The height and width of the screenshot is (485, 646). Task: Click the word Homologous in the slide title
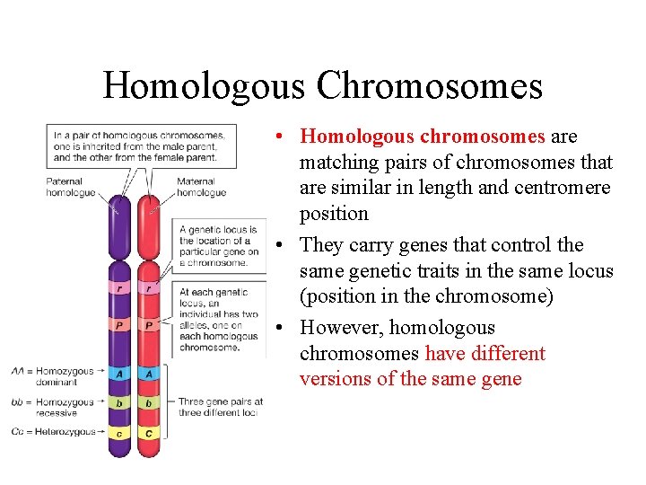[205, 86]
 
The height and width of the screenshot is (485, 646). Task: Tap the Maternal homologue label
[200, 187]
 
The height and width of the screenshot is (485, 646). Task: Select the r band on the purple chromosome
[120, 288]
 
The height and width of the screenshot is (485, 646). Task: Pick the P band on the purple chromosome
[120, 325]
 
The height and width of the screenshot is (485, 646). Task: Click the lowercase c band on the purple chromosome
[120, 433]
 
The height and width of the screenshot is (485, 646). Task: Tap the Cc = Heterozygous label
[54, 432]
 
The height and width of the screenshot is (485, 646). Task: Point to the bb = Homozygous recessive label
[53, 407]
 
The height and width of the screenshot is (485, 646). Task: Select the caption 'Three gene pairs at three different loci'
[221, 407]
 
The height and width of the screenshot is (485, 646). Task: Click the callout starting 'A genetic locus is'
[218, 246]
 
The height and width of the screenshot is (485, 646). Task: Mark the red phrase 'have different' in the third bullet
[484, 353]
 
